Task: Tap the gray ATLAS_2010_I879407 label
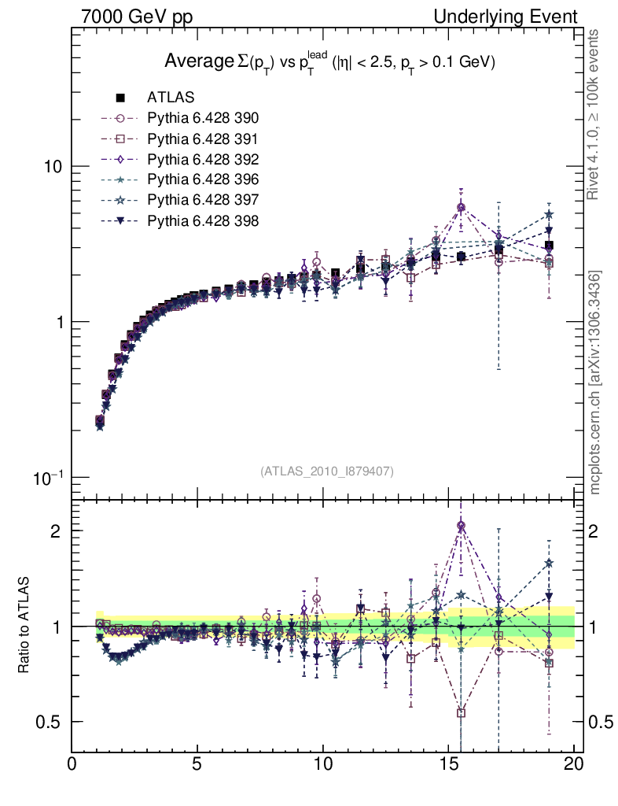[x=327, y=471]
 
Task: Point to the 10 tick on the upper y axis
[x=53, y=167]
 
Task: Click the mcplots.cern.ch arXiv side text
[x=596, y=383]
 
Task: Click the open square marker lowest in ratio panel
[x=461, y=713]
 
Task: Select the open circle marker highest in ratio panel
[x=461, y=525]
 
